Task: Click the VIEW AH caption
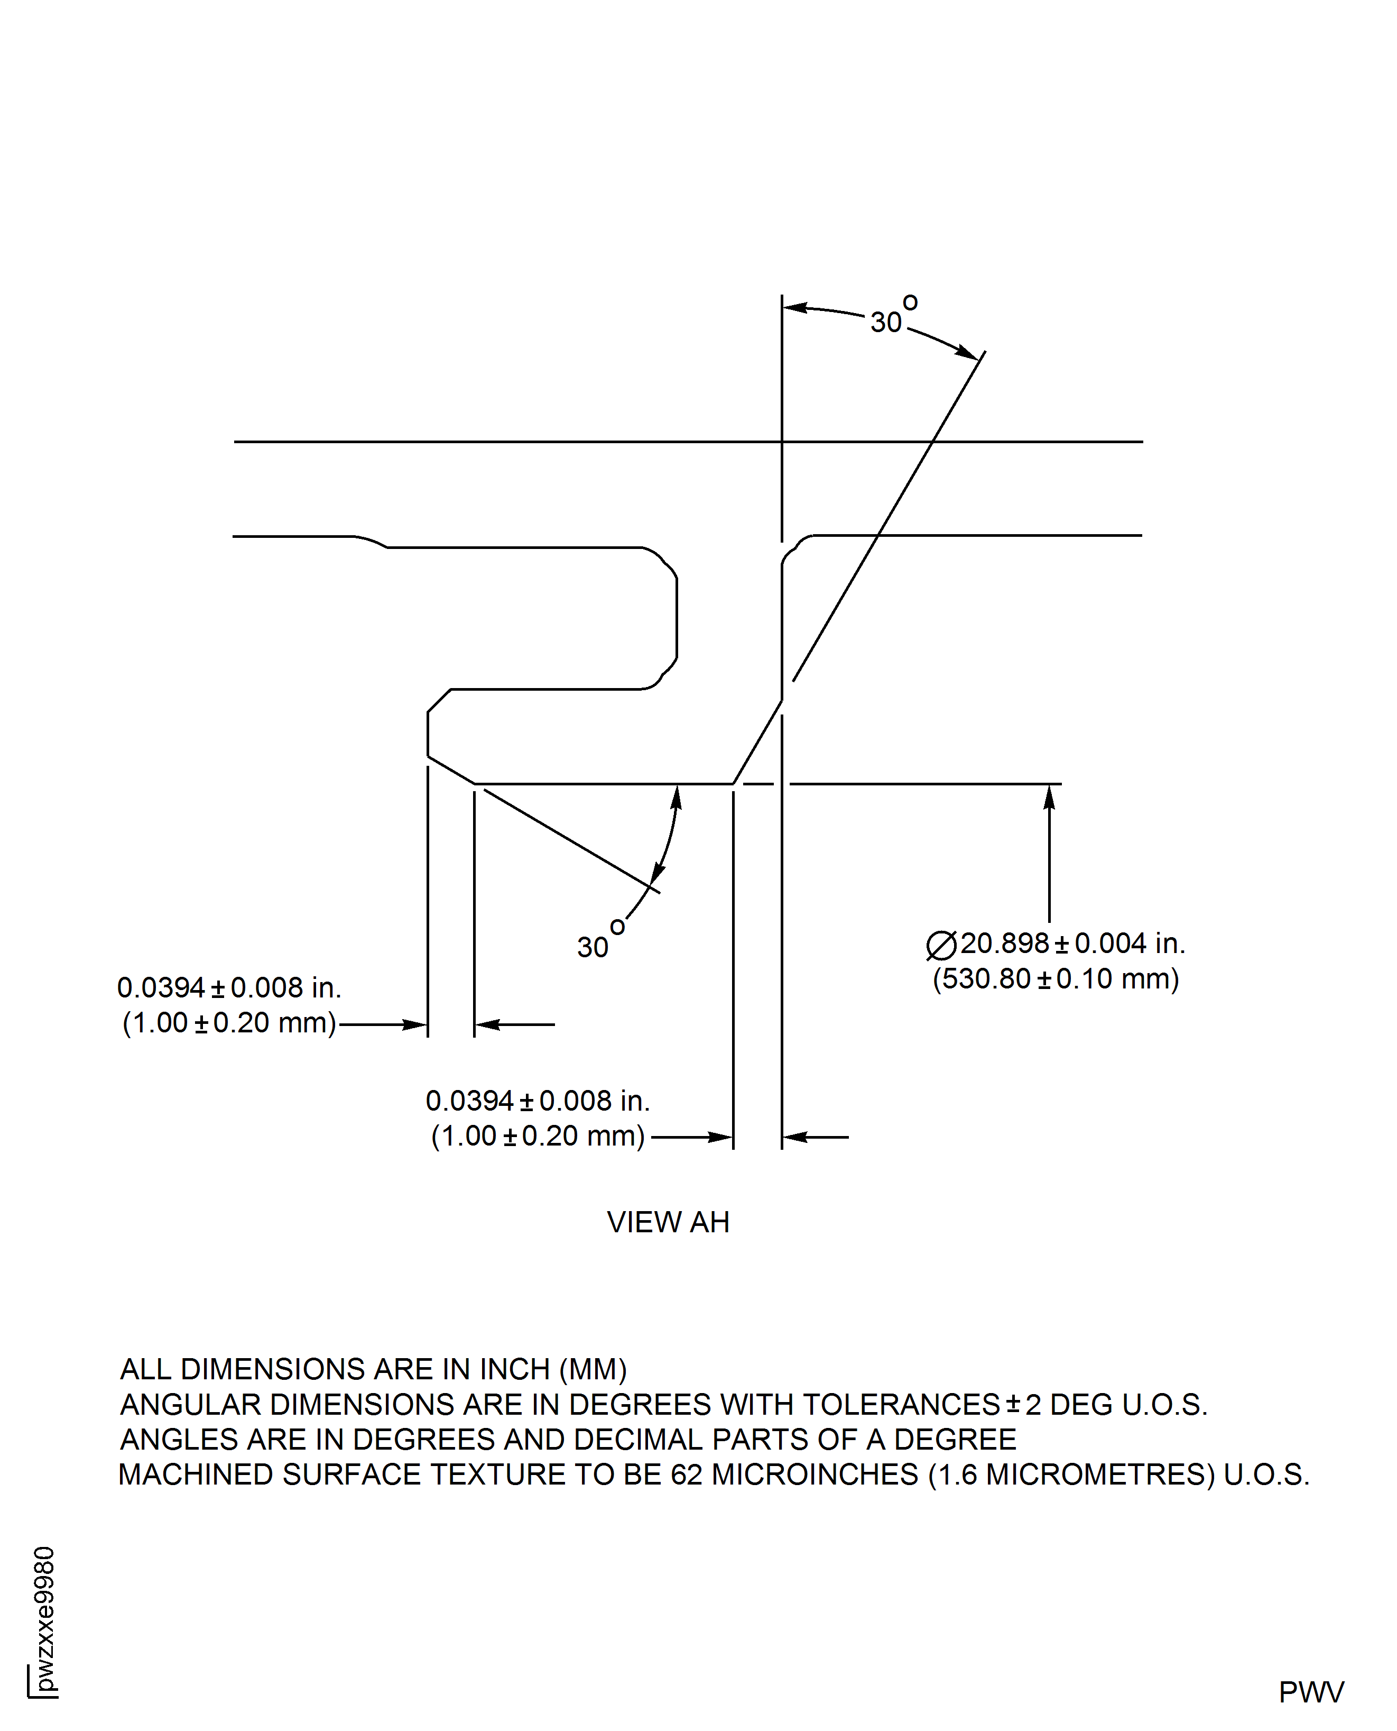point(668,1222)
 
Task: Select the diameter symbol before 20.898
point(941,945)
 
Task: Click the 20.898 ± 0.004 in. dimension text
point(1072,944)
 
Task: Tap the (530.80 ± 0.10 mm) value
point(1056,979)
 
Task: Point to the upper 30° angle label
point(893,316)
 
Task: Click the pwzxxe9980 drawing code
point(45,1618)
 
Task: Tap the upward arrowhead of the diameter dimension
point(1049,797)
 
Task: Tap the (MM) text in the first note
point(593,1369)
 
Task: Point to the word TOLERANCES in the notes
point(901,1404)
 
